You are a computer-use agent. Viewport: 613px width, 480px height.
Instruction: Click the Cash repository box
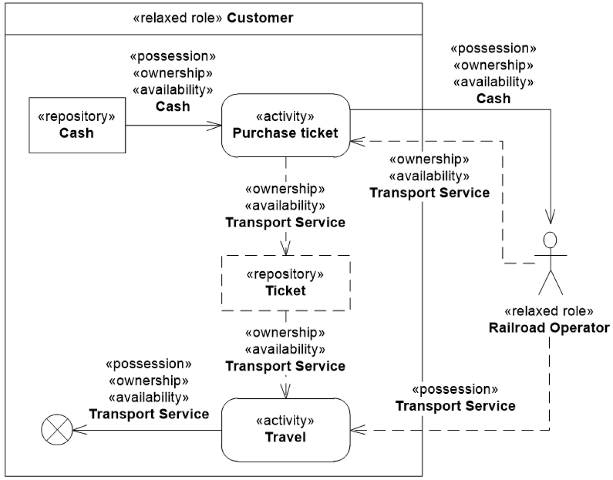click(x=77, y=125)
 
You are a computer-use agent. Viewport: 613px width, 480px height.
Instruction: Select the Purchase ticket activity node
click(x=285, y=125)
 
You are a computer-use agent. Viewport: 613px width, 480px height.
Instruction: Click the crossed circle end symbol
click(x=57, y=430)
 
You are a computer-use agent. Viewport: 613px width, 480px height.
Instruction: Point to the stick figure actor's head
click(x=550, y=239)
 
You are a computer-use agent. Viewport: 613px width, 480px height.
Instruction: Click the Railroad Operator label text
click(x=549, y=327)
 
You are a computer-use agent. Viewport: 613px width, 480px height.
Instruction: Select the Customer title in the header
click(x=260, y=19)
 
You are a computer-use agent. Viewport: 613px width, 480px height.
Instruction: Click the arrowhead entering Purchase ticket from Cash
click(x=216, y=126)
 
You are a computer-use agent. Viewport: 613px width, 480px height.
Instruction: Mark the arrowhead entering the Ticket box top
click(x=286, y=250)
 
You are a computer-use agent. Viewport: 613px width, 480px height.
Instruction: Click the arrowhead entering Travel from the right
click(x=356, y=430)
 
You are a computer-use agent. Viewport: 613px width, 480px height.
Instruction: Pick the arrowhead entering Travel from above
click(x=286, y=393)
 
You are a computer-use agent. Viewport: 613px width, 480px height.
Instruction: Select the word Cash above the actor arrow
click(x=493, y=98)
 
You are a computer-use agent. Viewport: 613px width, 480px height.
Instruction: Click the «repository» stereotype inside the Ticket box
click(x=285, y=274)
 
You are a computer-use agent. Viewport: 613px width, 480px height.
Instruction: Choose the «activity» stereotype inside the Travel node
click(x=285, y=421)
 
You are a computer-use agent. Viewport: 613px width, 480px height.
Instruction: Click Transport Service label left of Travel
click(x=149, y=413)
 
